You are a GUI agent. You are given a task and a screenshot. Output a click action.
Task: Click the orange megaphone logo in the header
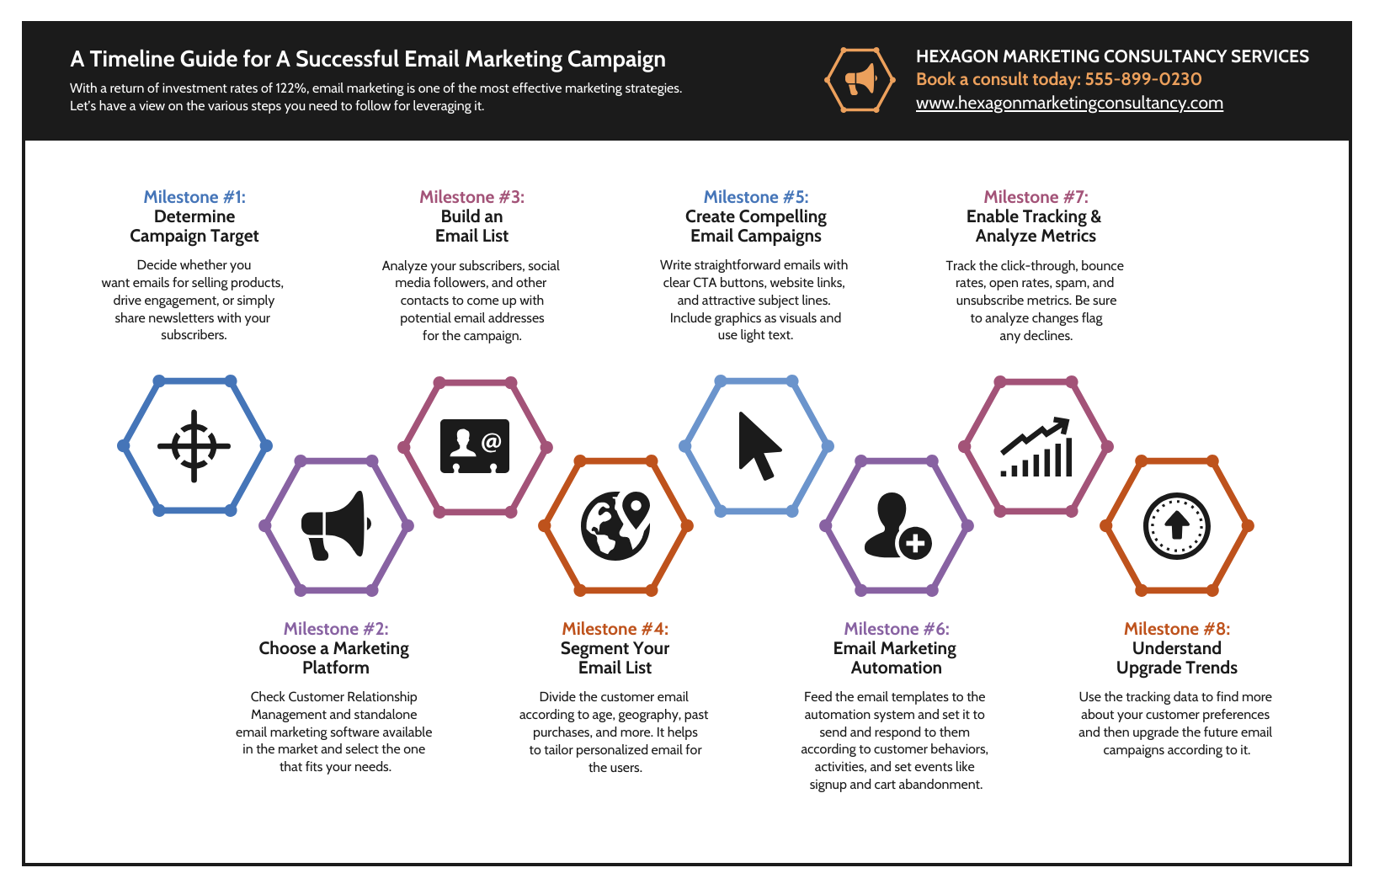pos(860,80)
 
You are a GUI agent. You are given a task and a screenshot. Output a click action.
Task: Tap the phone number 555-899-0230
pos(1143,79)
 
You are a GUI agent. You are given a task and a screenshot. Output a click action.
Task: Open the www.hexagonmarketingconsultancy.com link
pos(1069,104)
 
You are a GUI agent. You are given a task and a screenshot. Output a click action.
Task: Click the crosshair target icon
pos(194,446)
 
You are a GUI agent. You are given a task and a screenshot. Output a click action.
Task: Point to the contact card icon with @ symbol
pos(475,445)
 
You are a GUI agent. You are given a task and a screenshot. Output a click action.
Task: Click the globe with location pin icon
pos(615,525)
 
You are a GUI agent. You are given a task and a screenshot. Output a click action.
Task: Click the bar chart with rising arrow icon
pos(1036,447)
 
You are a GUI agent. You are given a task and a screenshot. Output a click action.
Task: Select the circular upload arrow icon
pos(1177,526)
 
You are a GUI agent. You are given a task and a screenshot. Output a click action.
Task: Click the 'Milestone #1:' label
pos(194,197)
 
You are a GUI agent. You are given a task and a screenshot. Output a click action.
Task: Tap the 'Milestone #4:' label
pos(615,629)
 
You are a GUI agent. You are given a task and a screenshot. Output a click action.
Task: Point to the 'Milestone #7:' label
pos(1036,197)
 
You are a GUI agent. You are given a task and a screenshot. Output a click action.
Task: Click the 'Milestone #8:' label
pos(1177,629)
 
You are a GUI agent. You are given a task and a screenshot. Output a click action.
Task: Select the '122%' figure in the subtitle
pos(290,88)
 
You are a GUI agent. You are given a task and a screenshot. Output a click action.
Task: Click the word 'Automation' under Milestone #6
pos(896,668)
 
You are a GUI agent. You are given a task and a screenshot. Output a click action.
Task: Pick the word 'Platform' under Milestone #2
pos(336,668)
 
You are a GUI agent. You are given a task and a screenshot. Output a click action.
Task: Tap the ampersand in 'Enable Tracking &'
pos(1095,217)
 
